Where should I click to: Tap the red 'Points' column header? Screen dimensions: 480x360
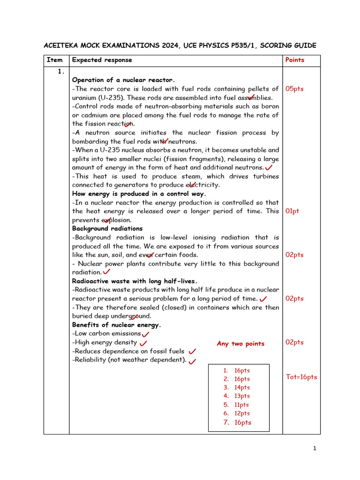tap(294, 60)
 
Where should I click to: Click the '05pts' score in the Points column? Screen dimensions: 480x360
tap(294, 89)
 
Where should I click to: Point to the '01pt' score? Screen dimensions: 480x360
tap(292, 211)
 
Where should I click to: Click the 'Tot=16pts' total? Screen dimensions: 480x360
tap(301, 377)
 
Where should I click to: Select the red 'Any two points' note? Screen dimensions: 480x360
tap(240, 344)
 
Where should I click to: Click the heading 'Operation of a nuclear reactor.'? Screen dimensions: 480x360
tap(123, 80)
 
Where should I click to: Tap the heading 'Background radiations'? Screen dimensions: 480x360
tap(107, 229)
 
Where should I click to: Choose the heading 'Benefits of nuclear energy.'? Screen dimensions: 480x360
tap(116, 325)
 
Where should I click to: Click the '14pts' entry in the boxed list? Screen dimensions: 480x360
tap(242, 388)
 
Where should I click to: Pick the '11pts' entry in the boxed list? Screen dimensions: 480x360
tap(241, 405)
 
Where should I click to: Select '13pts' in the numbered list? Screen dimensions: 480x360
tap(242, 396)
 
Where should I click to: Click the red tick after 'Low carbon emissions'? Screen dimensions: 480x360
tap(145, 334)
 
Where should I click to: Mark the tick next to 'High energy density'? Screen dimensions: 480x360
tap(143, 343)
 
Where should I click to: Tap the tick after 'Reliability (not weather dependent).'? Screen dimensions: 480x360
tap(192, 361)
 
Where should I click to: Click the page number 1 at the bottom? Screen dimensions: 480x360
tap(315, 449)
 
